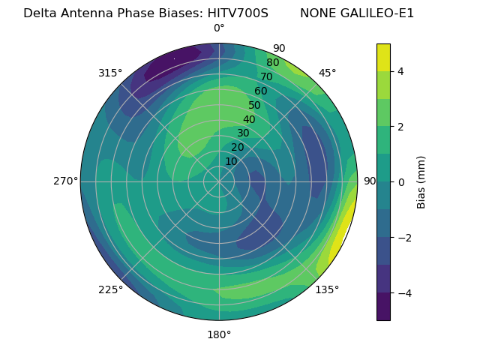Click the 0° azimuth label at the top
(x=219, y=28)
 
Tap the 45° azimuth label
(x=327, y=73)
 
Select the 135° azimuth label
(x=327, y=289)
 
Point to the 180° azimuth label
(x=219, y=334)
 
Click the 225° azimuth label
(x=110, y=289)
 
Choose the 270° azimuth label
(x=66, y=181)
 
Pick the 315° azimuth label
(x=110, y=73)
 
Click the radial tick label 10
(x=231, y=161)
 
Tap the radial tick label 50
(x=254, y=105)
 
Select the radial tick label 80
(x=272, y=62)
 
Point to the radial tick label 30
(x=243, y=133)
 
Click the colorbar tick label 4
(x=400, y=71)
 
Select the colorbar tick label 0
(x=400, y=181)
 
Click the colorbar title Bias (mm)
(x=421, y=181)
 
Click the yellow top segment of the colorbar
(x=383, y=57)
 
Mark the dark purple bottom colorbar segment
(x=383, y=307)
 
